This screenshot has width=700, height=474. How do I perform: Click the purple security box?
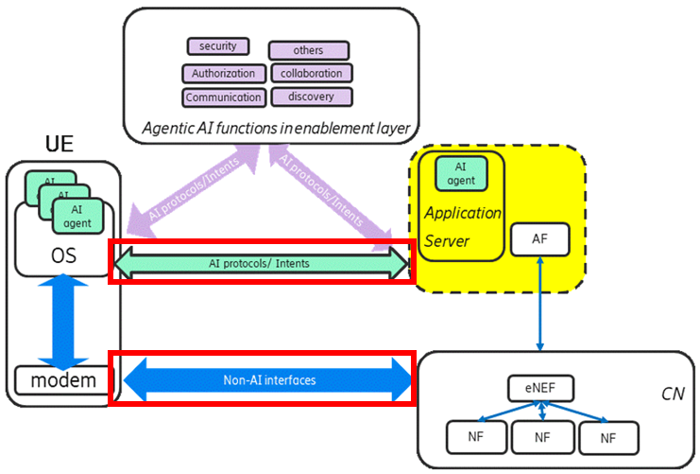pos(218,46)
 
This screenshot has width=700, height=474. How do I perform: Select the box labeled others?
pos(309,50)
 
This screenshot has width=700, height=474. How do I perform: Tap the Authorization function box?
pos(224,74)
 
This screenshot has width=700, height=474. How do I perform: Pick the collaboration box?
pos(312,73)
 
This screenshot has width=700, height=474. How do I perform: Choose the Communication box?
pos(224,97)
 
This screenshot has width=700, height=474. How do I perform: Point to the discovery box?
pos(312,97)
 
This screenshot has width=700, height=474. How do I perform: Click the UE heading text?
pos(60,144)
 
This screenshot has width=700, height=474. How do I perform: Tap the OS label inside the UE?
pos(63,255)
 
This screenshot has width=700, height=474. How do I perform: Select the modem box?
pos(62,380)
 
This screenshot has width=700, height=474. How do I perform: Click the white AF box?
pos(539,239)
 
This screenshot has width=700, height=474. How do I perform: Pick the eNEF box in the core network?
pos(540,388)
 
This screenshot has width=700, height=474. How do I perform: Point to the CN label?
pos(673,394)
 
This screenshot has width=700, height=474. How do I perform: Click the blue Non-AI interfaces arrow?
pos(267,380)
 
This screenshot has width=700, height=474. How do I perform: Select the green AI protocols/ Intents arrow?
pos(261,263)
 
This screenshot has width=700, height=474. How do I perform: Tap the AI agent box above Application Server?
pos(461,173)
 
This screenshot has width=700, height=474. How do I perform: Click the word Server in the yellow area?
pos(447,241)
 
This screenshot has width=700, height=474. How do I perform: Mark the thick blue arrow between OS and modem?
pos(63,322)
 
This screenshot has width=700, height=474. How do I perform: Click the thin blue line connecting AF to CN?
pos(539,304)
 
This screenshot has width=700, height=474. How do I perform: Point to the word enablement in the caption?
pos(334,129)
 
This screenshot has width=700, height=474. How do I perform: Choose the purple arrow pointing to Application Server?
pos(331,192)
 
